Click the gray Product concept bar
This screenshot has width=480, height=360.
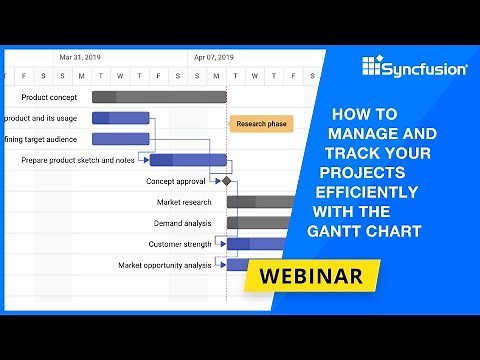[x=159, y=97]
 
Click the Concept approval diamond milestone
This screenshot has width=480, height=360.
[x=227, y=182]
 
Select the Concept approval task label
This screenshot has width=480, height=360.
[x=175, y=182]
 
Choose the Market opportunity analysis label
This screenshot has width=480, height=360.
[x=164, y=265]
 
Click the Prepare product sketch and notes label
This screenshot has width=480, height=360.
[x=77, y=160]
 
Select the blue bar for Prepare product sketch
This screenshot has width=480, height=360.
[x=188, y=160]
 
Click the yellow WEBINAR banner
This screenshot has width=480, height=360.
[x=313, y=274]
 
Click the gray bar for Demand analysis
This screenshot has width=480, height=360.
[x=260, y=223]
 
